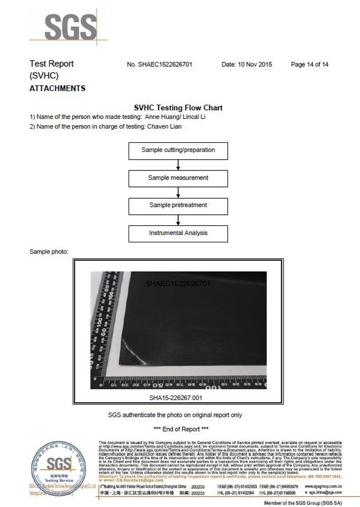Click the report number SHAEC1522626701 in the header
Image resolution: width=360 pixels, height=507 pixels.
coord(167,65)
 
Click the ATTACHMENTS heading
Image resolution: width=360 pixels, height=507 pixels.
coord(57,89)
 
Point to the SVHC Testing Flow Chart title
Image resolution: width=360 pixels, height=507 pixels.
coord(178,107)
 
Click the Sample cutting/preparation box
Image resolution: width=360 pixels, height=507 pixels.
coord(178,150)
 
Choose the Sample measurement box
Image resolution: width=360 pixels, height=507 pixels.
coord(178,178)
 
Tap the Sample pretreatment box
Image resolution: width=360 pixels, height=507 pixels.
coord(178,205)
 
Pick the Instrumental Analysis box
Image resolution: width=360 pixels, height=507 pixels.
coord(178,233)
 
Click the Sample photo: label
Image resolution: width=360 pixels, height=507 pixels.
coord(49,251)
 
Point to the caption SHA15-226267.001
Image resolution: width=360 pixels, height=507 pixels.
coord(175,397)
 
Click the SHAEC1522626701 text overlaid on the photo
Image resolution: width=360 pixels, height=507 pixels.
coord(178,283)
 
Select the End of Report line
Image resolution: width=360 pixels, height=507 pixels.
coord(181,429)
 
